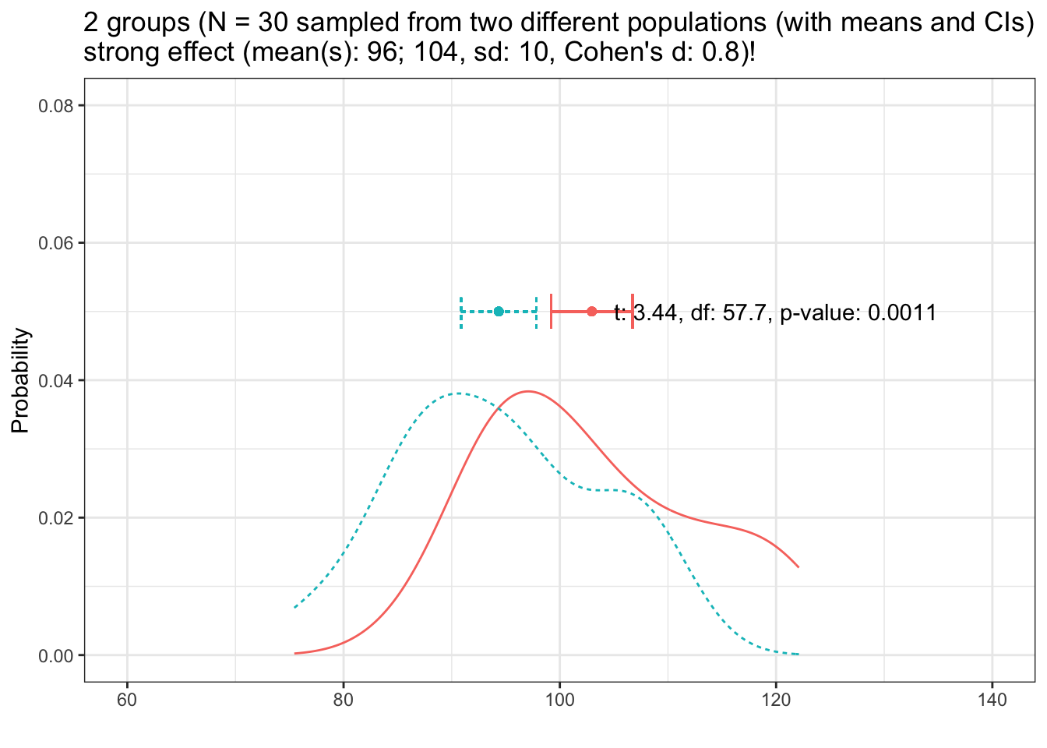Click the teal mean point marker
click(499, 312)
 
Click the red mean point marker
click(592, 312)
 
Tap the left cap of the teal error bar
click(461, 312)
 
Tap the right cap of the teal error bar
click(537, 312)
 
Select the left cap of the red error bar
click(552, 312)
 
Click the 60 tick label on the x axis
click(127, 700)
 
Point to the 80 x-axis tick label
click(344, 700)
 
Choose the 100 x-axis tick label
click(559, 700)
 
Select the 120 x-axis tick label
click(776, 700)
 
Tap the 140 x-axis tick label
click(992, 700)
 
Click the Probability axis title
click(21, 381)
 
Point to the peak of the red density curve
click(528, 391)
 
